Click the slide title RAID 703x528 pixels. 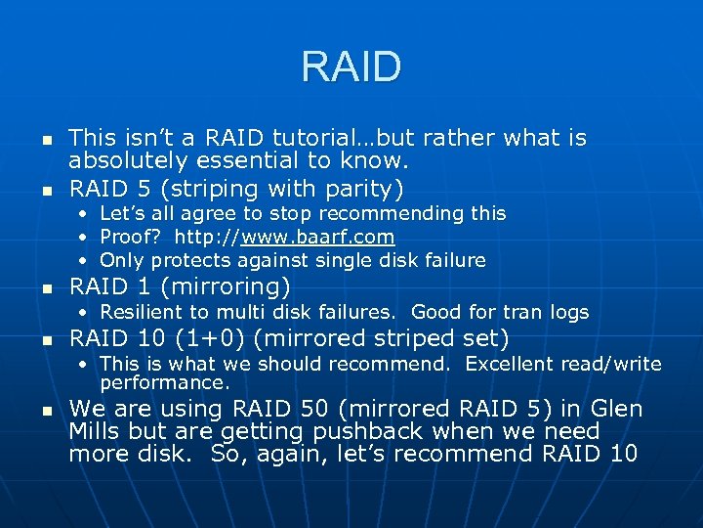(x=351, y=67)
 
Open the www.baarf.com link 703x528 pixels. (x=317, y=237)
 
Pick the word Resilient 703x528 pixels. (x=145, y=312)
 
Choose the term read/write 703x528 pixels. (x=618, y=365)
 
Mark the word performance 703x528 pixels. (x=164, y=382)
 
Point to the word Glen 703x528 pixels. (x=617, y=409)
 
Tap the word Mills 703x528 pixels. (x=95, y=431)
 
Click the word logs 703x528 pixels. (x=570, y=312)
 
